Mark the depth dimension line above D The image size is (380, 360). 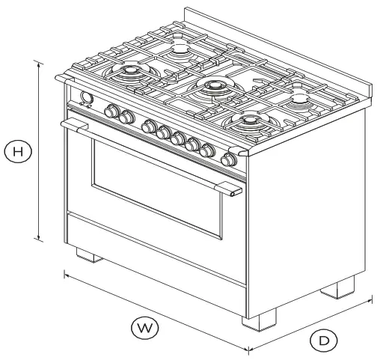(310, 323)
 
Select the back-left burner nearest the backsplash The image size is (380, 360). (180, 50)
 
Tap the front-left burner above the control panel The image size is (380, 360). (126, 73)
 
